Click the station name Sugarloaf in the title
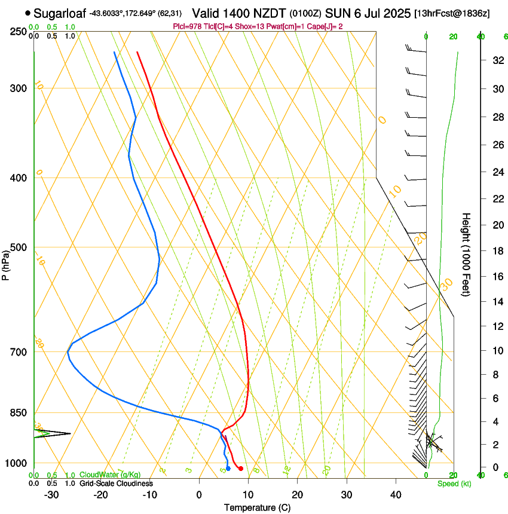coord(60,13)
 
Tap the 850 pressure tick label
coord(18,412)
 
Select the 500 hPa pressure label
coord(18,247)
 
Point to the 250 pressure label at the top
coord(18,31)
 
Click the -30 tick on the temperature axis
coord(51,495)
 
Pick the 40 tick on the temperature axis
coord(396,495)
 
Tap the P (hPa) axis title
coord(5,262)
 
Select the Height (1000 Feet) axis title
coord(466,254)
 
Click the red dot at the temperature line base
coord(240,469)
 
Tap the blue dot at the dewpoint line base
coord(228,468)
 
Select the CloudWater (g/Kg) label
coord(110,475)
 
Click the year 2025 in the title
coord(395,13)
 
